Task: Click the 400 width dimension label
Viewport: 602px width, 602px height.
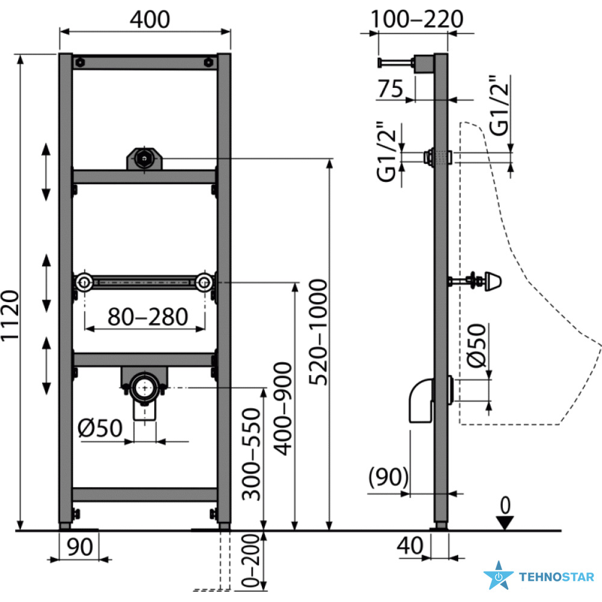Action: tap(150, 19)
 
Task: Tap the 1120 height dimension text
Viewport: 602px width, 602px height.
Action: tap(10, 315)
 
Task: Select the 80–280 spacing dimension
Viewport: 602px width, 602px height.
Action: tap(147, 317)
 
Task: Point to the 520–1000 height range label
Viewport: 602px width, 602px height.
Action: tap(318, 332)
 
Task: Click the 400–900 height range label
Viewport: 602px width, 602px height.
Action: tap(283, 409)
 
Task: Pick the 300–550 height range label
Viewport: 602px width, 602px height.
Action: tap(251, 455)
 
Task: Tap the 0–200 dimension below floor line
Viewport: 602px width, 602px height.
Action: tap(251, 560)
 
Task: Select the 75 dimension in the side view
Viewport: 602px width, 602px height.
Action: tap(391, 88)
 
